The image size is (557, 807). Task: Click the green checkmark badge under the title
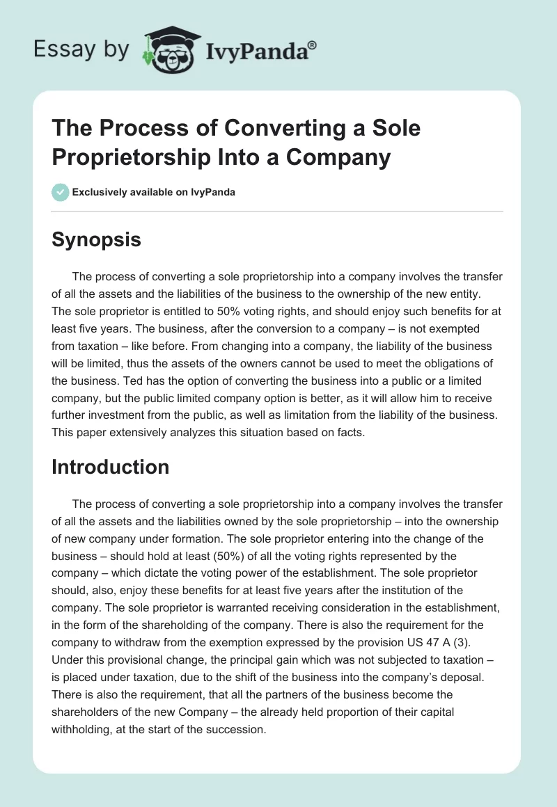pos(60,192)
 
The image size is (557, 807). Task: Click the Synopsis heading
pos(96,240)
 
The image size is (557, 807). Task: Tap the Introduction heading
pos(110,467)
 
